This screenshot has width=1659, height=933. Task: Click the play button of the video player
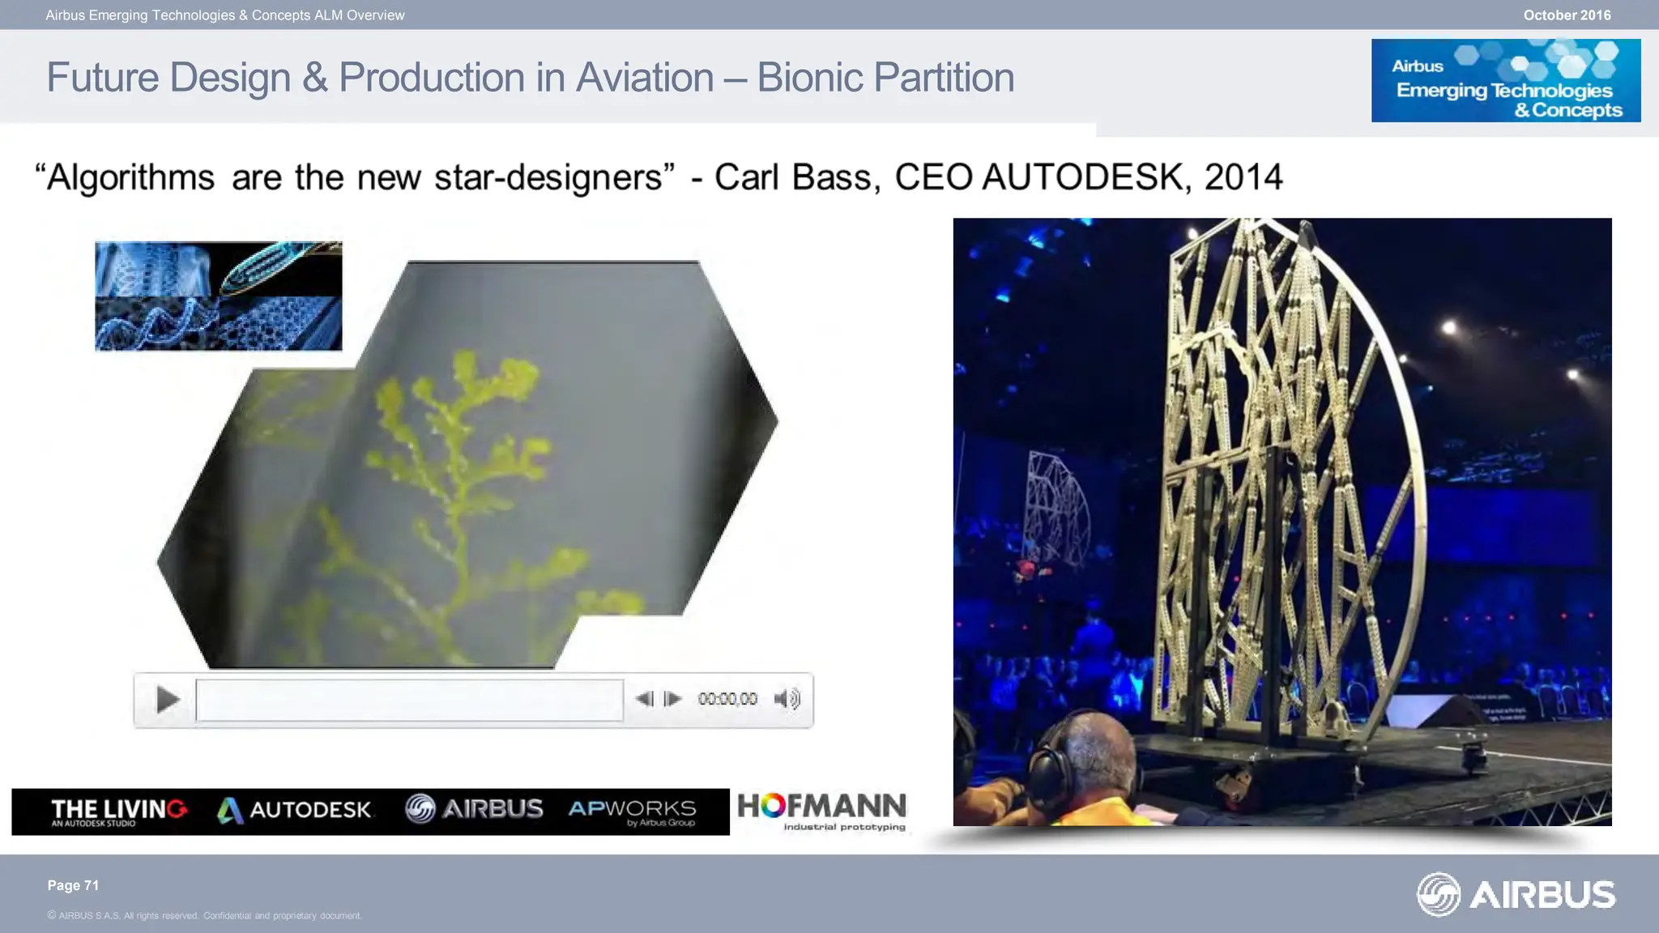point(167,699)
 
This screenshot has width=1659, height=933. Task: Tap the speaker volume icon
point(787,699)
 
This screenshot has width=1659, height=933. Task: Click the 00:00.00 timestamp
point(727,699)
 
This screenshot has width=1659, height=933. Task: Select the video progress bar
point(409,700)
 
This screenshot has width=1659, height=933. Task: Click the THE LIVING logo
point(118,811)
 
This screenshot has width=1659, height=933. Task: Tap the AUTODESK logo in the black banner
point(295,810)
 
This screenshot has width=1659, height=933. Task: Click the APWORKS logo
point(632,811)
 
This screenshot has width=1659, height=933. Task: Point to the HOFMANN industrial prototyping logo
point(821,810)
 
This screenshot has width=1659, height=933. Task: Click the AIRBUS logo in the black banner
point(474,809)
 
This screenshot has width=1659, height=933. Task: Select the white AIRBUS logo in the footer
point(1516,894)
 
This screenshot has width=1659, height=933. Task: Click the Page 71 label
point(73,885)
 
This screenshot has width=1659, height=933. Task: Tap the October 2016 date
point(1567,15)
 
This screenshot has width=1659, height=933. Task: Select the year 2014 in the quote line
point(1243,177)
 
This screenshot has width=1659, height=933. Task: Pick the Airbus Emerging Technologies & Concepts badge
point(1505,81)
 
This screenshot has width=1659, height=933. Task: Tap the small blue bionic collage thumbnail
point(218,296)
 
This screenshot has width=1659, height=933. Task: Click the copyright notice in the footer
point(204,916)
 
